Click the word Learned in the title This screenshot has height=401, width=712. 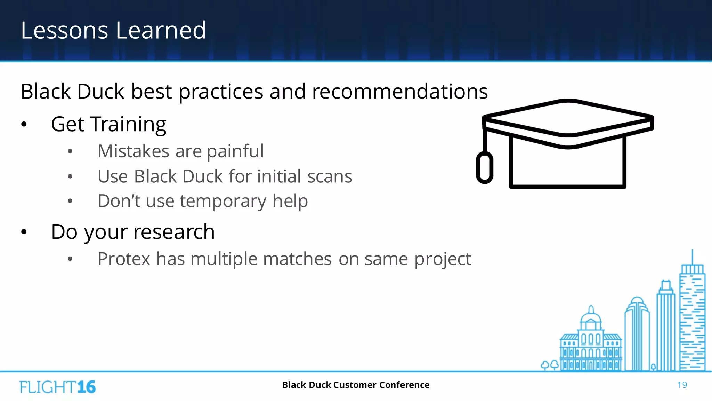pyautogui.click(x=161, y=30)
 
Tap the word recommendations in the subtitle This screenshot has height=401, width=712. pyautogui.click(x=400, y=92)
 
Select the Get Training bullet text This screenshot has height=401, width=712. pyautogui.click(x=108, y=124)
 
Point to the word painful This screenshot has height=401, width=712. pyautogui.click(x=235, y=151)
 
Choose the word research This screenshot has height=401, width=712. pyautogui.click(x=174, y=232)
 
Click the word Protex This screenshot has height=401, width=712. pyautogui.click(x=124, y=259)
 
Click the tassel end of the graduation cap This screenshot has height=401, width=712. pyautogui.click(x=484, y=168)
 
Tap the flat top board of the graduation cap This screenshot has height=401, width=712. pyautogui.click(x=568, y=118)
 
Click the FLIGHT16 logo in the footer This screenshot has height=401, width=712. pyautogui.click(x=58, y=387)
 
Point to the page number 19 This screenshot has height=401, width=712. pyautogui.click(x=682, y=385)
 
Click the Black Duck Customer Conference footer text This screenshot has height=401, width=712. pyautogui.click(x=356, y=385)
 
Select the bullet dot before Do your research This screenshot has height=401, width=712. pyautogui.click(x=24, y=232)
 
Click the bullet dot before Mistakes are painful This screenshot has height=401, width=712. pyautogui.click(x=70, y=151)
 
